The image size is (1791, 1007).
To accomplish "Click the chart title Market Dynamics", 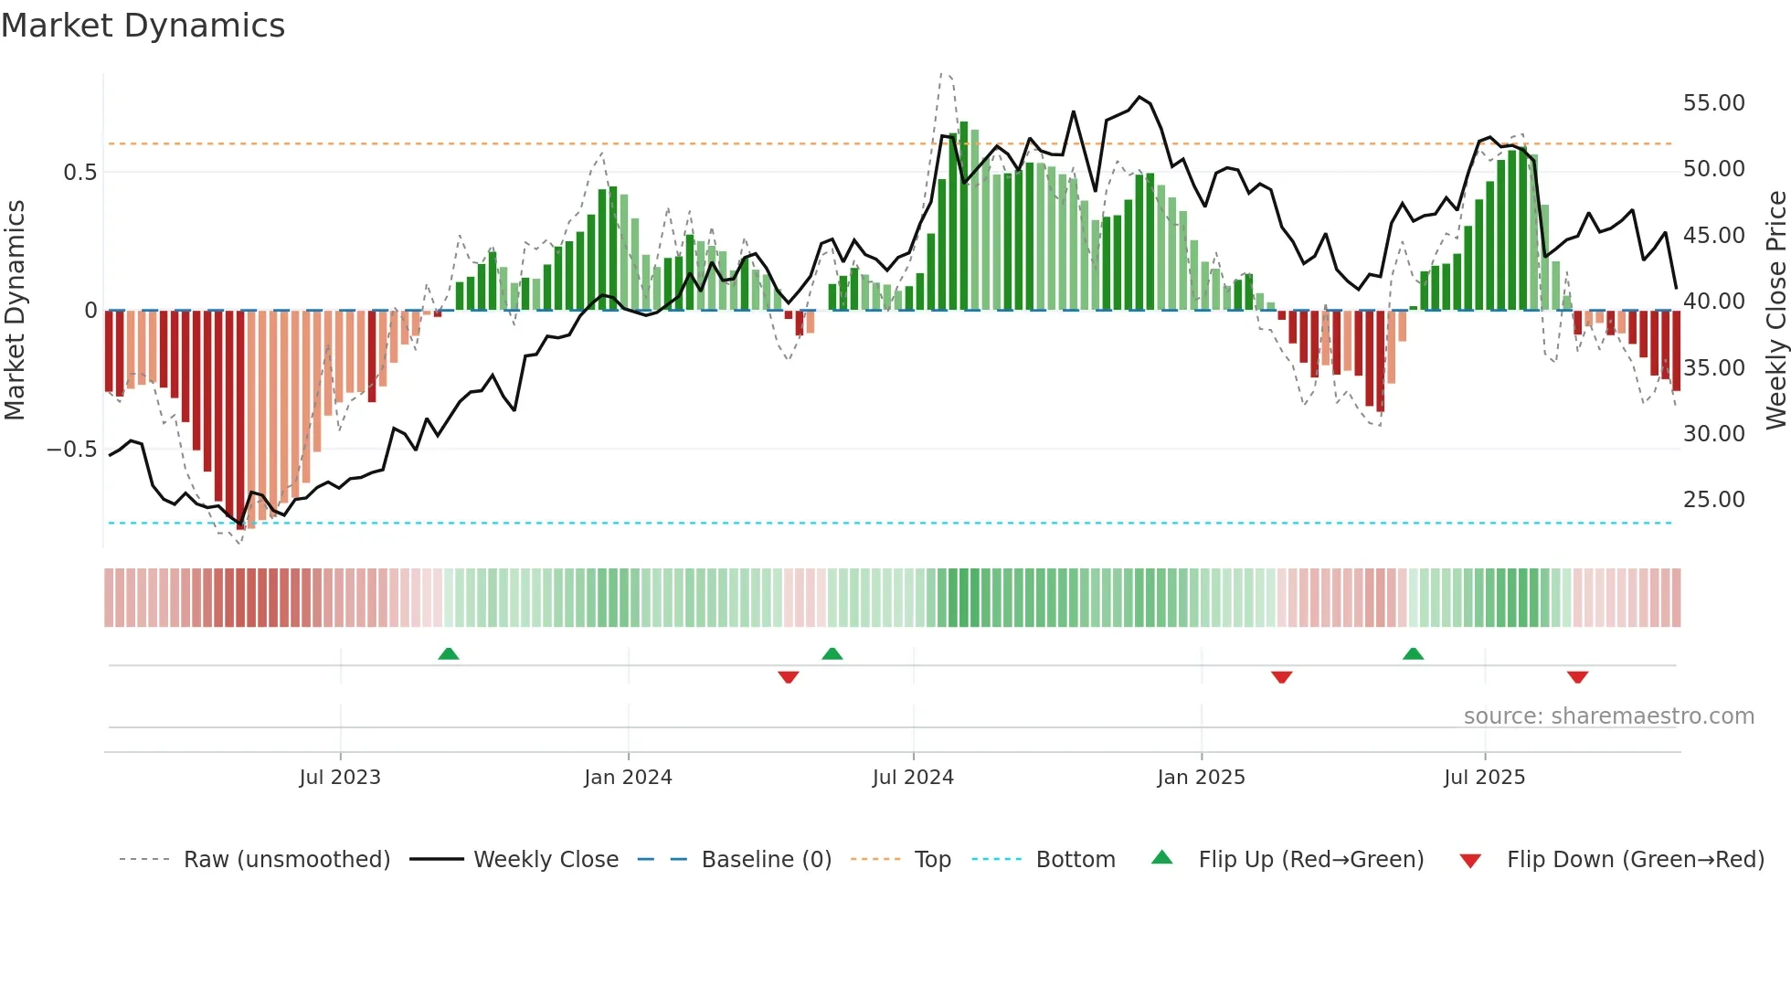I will click(x=143, y=26).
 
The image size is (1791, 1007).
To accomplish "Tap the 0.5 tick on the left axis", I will click(x=79, y=173).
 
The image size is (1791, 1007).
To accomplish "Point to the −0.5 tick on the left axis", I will click(x=71, y=450).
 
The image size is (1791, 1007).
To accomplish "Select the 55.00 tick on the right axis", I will click(x=1713, y=103).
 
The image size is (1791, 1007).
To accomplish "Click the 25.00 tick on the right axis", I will click(x=1713, y=500).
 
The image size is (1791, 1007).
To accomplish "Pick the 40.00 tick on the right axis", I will click(x=1713, y=302).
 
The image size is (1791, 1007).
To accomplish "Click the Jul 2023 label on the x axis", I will click(x=340, y=778).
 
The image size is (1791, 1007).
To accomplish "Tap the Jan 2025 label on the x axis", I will click(x=1201, y=778).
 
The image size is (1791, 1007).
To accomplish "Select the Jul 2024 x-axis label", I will click(x=913, y=778).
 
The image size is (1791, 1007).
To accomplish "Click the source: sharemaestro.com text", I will click(x=1608, y=716).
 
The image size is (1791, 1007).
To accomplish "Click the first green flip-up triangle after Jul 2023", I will click(x=448, y=654).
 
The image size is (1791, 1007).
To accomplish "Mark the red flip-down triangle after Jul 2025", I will click(x=1577, y=677).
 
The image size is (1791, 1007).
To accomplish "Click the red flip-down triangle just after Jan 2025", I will click(x=1281, y=677).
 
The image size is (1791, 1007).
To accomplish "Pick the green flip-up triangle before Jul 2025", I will click(x=1413, y=654).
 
